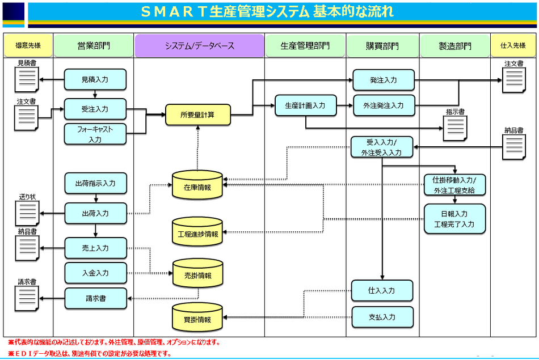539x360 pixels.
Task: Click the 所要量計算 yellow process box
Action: (x=198, y=115)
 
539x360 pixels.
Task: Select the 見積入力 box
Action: (x=95, y=80)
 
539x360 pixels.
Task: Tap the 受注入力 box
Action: (x=95, y=109)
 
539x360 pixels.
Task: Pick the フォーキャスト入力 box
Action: (x=95, y=134)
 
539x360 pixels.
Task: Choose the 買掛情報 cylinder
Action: (x=197, y=319)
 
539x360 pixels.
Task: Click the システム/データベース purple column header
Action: (x=199, y=46)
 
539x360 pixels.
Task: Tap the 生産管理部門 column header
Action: (x=305, y=46)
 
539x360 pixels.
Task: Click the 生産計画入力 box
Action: (x=305, y=105)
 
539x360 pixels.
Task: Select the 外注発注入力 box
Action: (x=383, y=105)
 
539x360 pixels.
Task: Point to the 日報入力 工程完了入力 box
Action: (x=454, y=219)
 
